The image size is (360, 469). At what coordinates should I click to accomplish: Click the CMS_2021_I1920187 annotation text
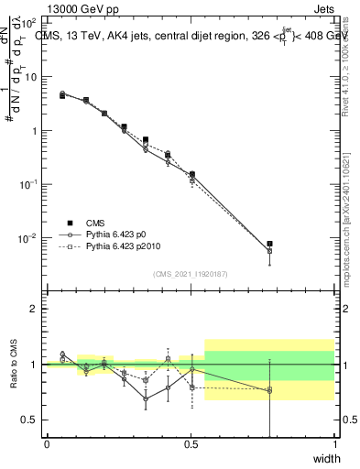(190, 273)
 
